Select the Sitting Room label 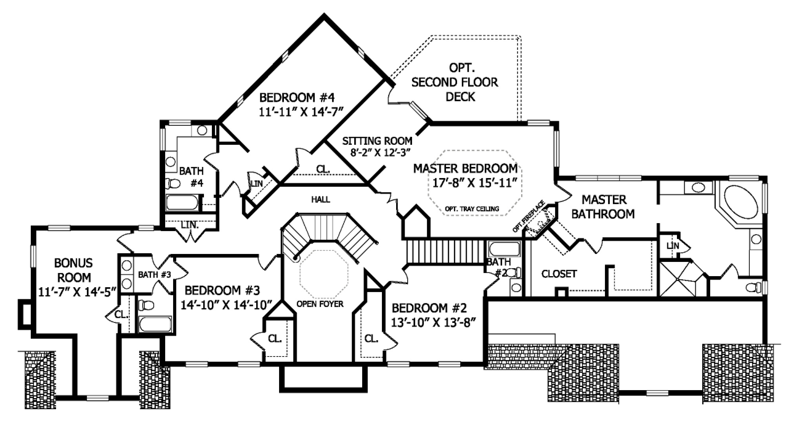click(x=378, y=141)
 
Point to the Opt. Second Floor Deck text click(x=455, y=81)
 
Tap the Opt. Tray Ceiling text click(x=471, y=208)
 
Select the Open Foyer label click(x=319, y=304)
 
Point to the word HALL click(x=320, y=200)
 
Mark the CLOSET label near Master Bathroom click(x=559, y=274)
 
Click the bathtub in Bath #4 click(x=183, y=203)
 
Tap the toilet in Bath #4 click(x=172, y=183)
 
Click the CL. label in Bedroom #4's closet click(x=323, y=168)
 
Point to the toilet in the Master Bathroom click(x=753, y=287)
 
